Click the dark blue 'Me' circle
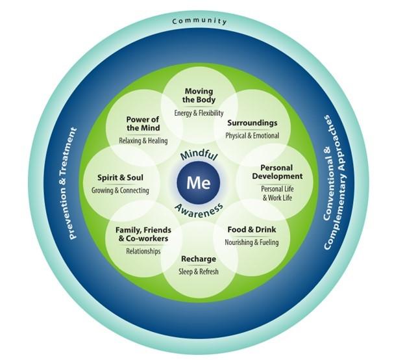pyautogui.click(x=199, y=182)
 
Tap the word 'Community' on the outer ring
pyautogui.click(x=199, y=21)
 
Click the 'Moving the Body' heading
pyautogui.click(x=199, y=95)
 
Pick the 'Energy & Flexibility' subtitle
pyautogui.click(x=199, y=113)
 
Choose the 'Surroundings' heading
pyautogui.click(x=252, y=123)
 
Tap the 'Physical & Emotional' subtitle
pyautogui.click(x=252, y=136)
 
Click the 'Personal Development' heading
pyautogui.click(x=277, y=172)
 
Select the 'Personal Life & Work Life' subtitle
pyautogui.click(x=277, y=193)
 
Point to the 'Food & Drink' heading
pyautogui.click(x=252, y=229)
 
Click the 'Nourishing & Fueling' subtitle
pyautogui.click(x=252, y=242)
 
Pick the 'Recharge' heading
pyautogui.click(x=199, y=259)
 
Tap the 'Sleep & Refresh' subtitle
pyautogui.click(x=199, y=272)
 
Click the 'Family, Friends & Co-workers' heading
pyautogui.click(x=143, y=234)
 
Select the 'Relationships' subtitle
pyautogui.click(x=143, y=251)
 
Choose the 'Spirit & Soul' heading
pyautogui.click(x=120, y=177)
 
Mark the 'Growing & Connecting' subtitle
pyautogui.click(x=120, y=190)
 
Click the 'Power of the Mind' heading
pyautogui.click(x=143, y=123)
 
